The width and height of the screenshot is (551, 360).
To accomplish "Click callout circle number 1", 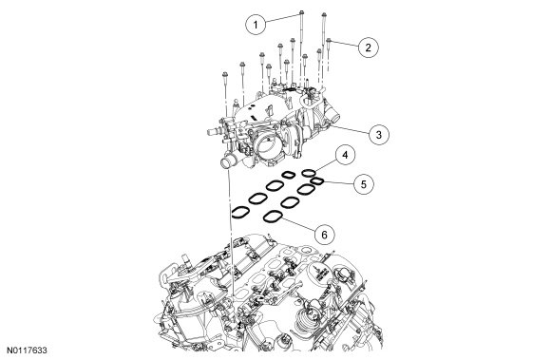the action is [256, 25].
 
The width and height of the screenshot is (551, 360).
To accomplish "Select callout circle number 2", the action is [369, 47].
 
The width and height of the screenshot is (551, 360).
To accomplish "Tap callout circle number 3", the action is [379, 135].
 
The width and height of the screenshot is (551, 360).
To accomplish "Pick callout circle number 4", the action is [345, 155].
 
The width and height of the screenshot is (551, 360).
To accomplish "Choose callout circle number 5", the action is [364, 184].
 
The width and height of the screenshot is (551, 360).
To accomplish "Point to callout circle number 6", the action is [324, 235].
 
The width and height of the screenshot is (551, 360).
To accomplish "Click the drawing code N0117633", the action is [27, 351].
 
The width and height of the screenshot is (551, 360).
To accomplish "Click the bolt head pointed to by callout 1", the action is [301, 13].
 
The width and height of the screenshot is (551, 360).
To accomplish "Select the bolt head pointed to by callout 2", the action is [329, 41].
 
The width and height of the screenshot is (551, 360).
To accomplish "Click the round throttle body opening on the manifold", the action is [266, 148].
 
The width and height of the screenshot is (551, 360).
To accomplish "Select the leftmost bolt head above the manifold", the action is [225, 74].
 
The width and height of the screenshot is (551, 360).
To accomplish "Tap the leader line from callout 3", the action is [350, 128].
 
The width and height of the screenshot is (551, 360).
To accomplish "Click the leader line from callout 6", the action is [299, 224].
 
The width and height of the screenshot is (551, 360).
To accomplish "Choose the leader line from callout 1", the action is [282, 18].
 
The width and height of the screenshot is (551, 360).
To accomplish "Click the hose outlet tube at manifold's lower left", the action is [227, 161].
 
